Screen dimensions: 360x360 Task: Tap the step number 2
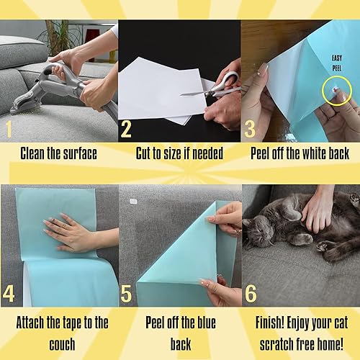coord(127,130)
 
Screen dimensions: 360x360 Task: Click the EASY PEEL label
coord(336,64)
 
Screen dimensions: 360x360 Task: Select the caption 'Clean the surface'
coord(59,153)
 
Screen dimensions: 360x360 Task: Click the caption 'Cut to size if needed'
coord(179,153)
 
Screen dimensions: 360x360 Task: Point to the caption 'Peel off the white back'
coord(300,153)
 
